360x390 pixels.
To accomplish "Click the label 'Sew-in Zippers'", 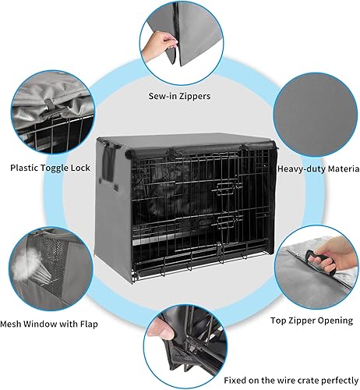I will [x=179, y=97].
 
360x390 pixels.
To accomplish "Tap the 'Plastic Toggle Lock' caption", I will [x=50, y=168].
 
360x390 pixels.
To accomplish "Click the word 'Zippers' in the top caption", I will [x=197, y=97].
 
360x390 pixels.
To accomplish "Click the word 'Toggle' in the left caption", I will [x=58, y=168].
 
